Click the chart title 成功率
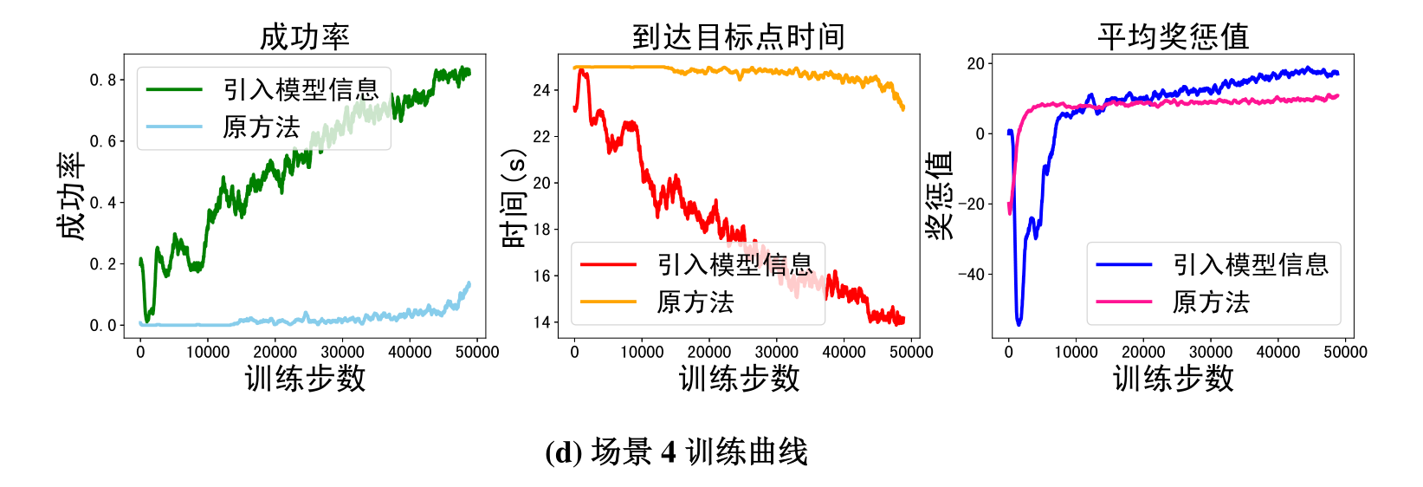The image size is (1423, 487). pos(304,36)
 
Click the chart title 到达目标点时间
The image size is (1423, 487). pos(738,36)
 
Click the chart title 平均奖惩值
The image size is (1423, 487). pos(1173,36)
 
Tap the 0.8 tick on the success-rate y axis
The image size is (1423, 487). pos(103,80)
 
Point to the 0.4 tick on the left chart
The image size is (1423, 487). pos(103,203)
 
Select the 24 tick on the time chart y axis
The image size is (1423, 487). pos(541,90)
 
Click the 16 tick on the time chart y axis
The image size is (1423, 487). pos(541,276)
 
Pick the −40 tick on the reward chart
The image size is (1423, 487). pos(971,275)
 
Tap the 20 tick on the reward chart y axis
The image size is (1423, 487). pos(976,63)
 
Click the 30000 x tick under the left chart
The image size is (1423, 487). pos(342,352)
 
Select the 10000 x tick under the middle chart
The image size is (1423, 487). pos(642,352)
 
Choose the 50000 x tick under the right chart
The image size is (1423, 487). pos(1345,352)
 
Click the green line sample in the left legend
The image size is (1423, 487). pos(174,89)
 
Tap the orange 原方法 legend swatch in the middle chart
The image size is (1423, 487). pos(608,302)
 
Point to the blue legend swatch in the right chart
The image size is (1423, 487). pos(1124,264)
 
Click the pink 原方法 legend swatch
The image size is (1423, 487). pos(1124,302)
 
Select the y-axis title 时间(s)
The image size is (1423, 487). pos(514,198)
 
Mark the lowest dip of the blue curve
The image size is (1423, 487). pos(1019,323)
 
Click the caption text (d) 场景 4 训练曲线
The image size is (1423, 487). pos(676,451)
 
